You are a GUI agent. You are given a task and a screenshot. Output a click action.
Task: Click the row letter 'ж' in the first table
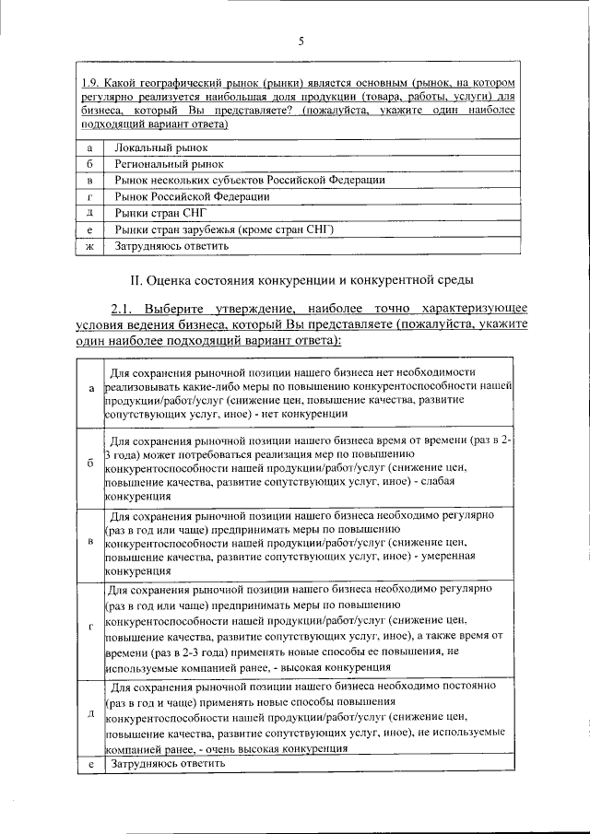(x=88, y=246)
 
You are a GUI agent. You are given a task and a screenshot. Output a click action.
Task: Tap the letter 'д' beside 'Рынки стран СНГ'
(x=88, y=213)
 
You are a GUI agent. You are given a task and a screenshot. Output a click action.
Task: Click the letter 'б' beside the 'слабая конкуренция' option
(x=90, y=463)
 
